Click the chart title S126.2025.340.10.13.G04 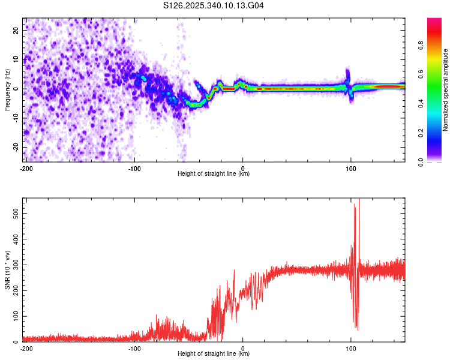pos(214,6)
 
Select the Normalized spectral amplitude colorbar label pos(445,90)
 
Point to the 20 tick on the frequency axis pos(17,30)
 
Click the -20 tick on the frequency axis pos(16,147)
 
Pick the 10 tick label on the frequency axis pos(17,59)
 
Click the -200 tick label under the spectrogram pos(26,167)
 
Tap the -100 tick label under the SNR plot pos(134,348)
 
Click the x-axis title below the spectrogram pos(214,174)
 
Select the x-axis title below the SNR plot pos(214,354)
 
